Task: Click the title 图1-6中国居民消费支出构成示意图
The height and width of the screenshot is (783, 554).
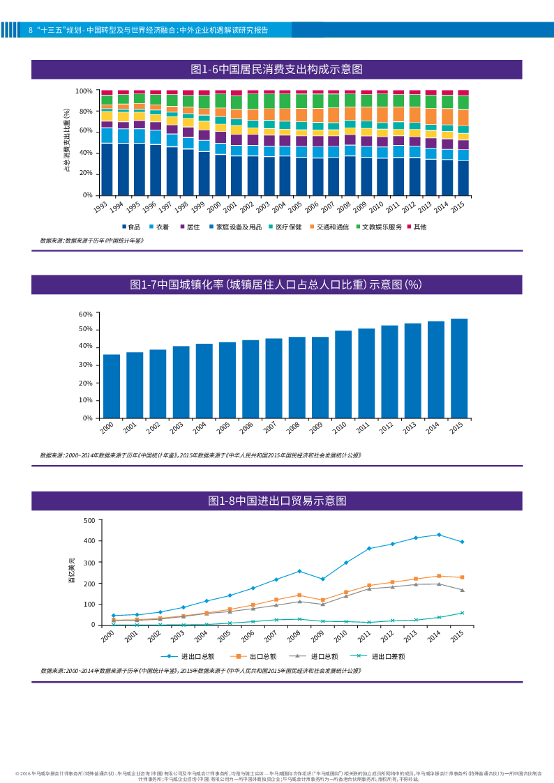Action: pos(276,69)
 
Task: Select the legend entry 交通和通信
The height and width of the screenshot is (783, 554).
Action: pos(333,227)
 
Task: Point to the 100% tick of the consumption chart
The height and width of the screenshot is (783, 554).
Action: pos(84,91)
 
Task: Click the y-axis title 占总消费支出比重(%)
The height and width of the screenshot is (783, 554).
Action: pos(67,140)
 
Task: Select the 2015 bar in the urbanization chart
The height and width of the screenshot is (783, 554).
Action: pos(459,368)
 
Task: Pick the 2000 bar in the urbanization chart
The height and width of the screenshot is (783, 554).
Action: pos(112,386)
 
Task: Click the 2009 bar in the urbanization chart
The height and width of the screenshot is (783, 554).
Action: pos(320,377)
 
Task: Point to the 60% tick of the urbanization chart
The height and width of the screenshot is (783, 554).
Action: pos(85,314)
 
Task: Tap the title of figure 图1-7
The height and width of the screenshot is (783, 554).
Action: pos(276,284)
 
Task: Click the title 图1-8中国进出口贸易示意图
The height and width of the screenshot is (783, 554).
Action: pos(276,501)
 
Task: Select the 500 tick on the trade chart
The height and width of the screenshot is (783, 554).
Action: pos(89,520)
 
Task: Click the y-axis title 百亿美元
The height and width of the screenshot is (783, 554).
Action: pos(70,570)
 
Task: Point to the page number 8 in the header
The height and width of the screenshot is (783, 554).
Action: pos(31,30)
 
